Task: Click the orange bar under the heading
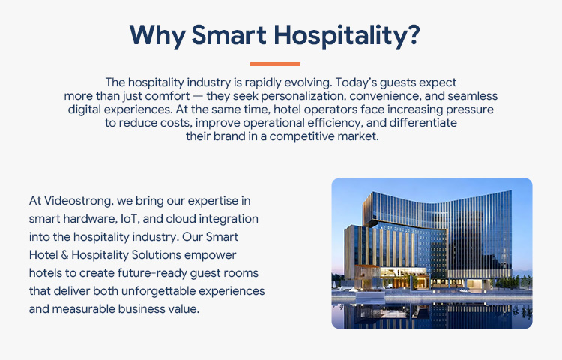click(x=275, y=64)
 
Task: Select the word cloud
click(x=201, y=218)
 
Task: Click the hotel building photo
click(x=432, y=253)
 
